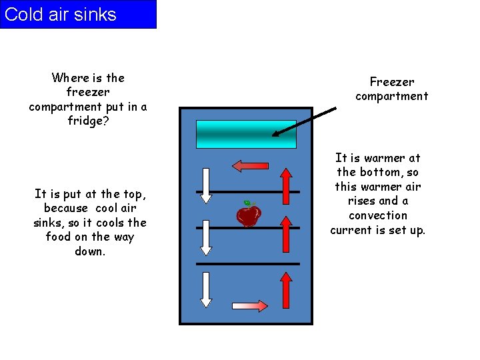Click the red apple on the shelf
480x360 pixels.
249,215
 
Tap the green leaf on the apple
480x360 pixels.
247,203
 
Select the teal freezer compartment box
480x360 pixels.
246,133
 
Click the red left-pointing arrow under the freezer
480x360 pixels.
250,165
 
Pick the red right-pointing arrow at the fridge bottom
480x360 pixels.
250,306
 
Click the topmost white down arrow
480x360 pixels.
206,185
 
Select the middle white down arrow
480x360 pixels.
206,237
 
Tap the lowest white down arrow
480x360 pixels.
206,289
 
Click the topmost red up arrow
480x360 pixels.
285,185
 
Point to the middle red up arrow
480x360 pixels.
285,237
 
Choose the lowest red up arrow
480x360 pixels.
285,289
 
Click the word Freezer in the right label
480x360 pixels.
392,82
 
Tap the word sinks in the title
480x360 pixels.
95,15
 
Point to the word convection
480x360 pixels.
378,215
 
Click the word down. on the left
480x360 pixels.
90,251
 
